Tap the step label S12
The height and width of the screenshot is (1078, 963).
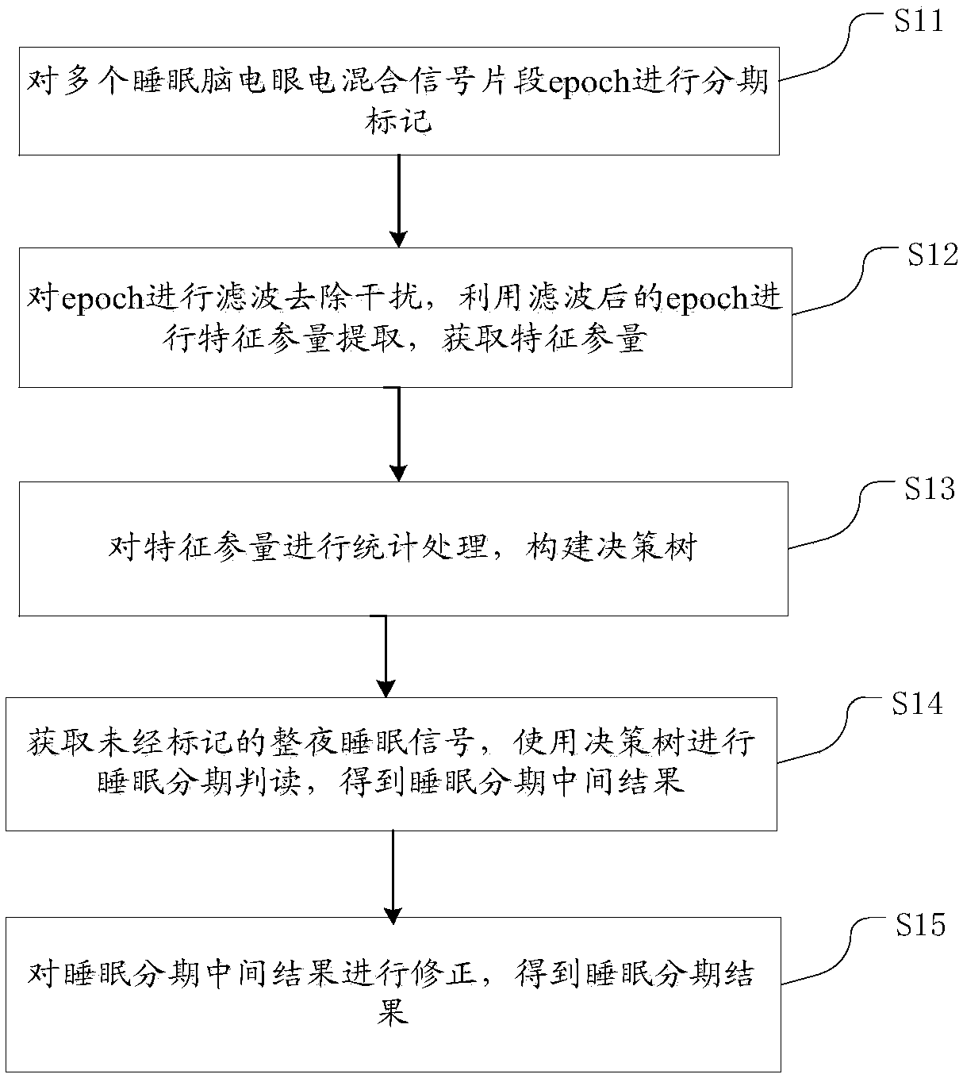[932, 255]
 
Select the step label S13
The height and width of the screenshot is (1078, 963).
[930, 488]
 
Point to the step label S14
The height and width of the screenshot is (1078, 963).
[917, 704]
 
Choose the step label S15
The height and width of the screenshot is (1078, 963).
[920, 924]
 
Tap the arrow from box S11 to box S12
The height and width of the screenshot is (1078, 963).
[398, 201]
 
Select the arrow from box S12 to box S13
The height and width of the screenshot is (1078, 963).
[398, 434]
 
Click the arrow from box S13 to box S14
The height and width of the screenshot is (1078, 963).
[386, 656]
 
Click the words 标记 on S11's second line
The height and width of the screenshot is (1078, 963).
[398, 121]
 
